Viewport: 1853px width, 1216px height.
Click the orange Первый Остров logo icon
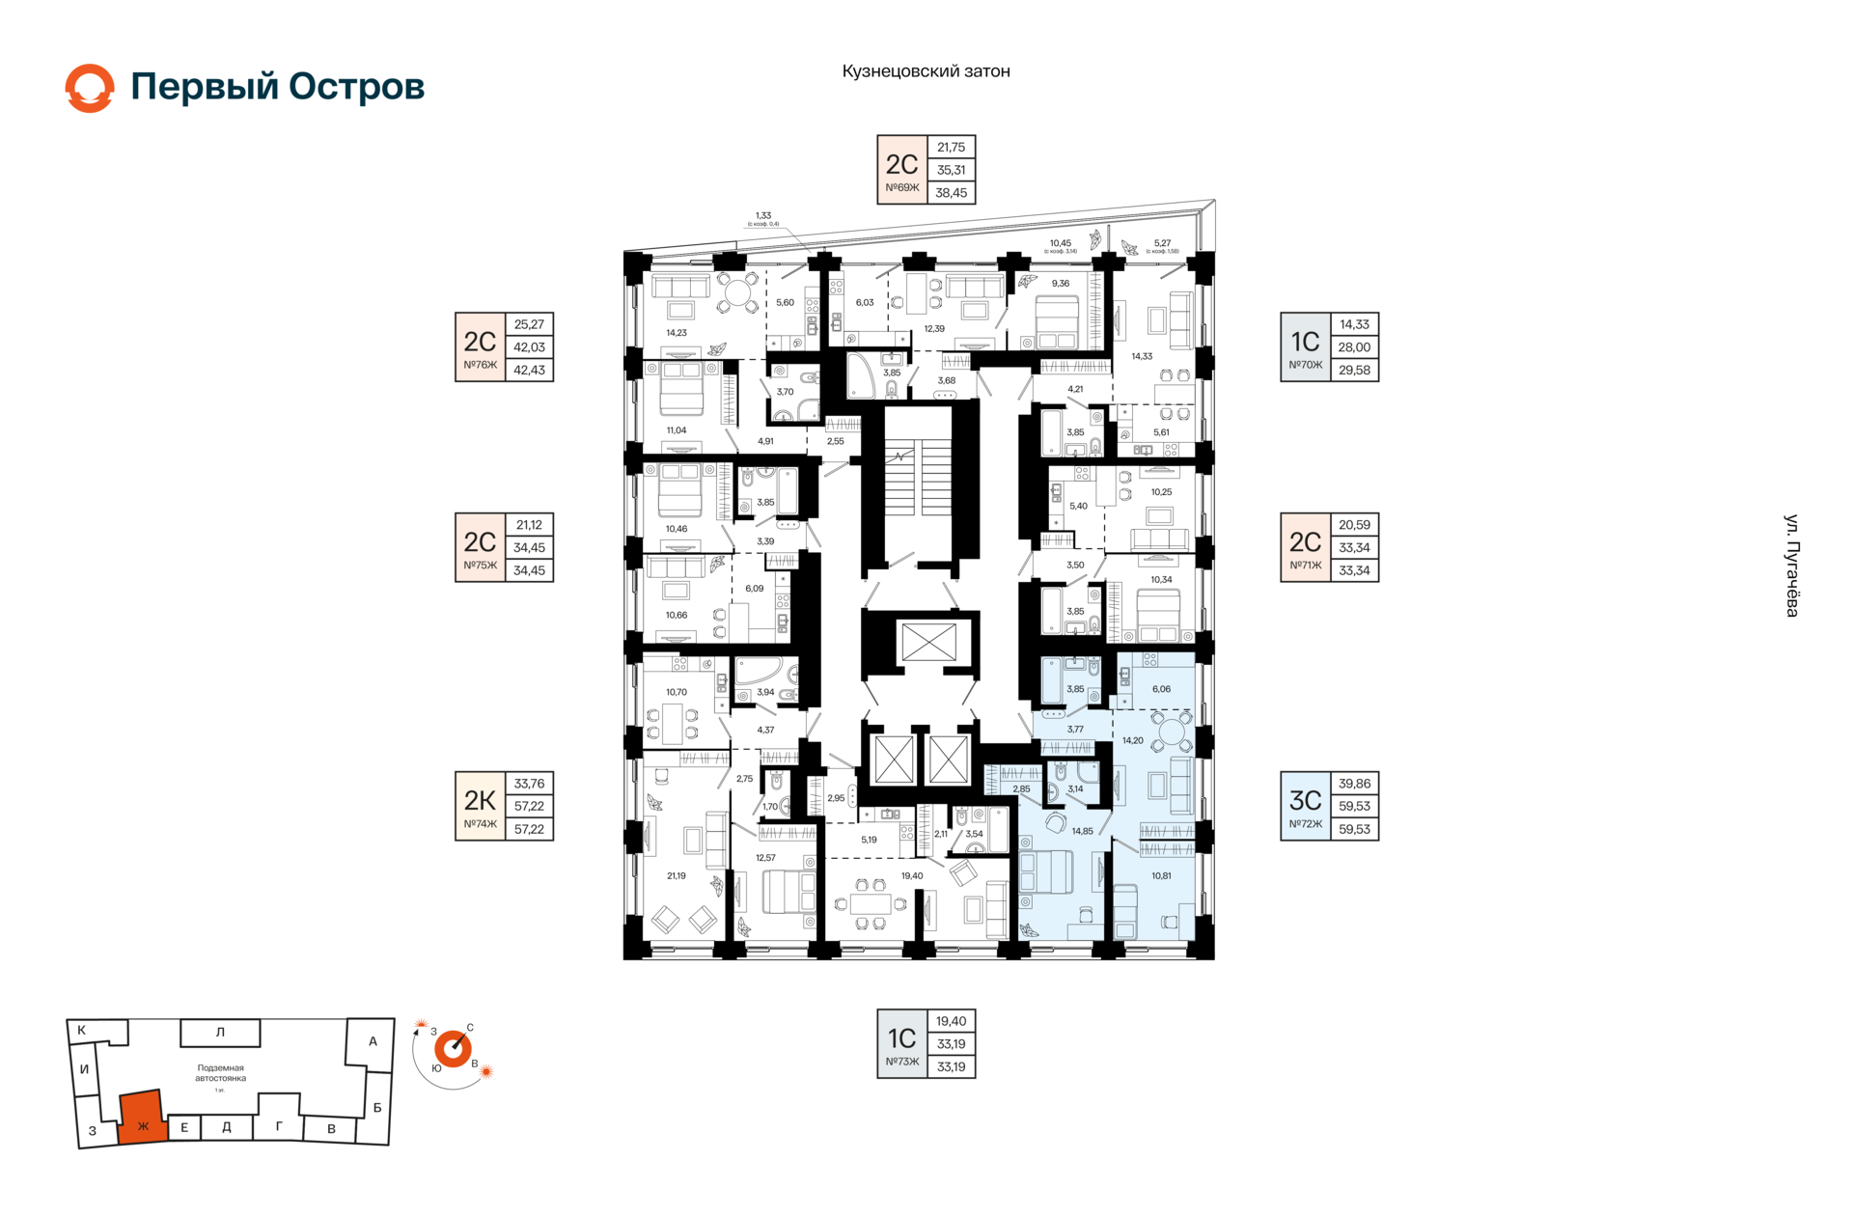(x=90, y=88)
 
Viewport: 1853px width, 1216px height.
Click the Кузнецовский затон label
(x=926, y=71)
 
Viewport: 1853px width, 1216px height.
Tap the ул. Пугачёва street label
(x=1792, y=566)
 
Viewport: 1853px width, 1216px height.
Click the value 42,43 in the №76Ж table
(x=529, y=370)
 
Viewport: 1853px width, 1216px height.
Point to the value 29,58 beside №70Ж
(x=1354, y=370)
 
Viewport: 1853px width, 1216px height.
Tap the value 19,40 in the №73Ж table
(x=951, y=1021)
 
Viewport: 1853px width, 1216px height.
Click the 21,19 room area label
(x=677, y=876)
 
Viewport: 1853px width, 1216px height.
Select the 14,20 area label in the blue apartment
(x=1133, y=741)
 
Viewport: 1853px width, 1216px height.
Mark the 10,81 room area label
(x=1161, y=876)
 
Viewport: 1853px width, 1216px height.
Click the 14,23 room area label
(x=677, y=333)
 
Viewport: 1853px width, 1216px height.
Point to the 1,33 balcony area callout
(x=763, y=217)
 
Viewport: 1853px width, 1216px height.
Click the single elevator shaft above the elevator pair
(x=928, y=642)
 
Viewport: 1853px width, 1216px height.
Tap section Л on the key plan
(x=220, y=1033)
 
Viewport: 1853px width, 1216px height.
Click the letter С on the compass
(x=470, y=1028)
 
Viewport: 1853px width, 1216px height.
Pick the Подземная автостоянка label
(x=220, y=1073)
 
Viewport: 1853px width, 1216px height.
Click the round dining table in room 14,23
(x=739, y=292)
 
